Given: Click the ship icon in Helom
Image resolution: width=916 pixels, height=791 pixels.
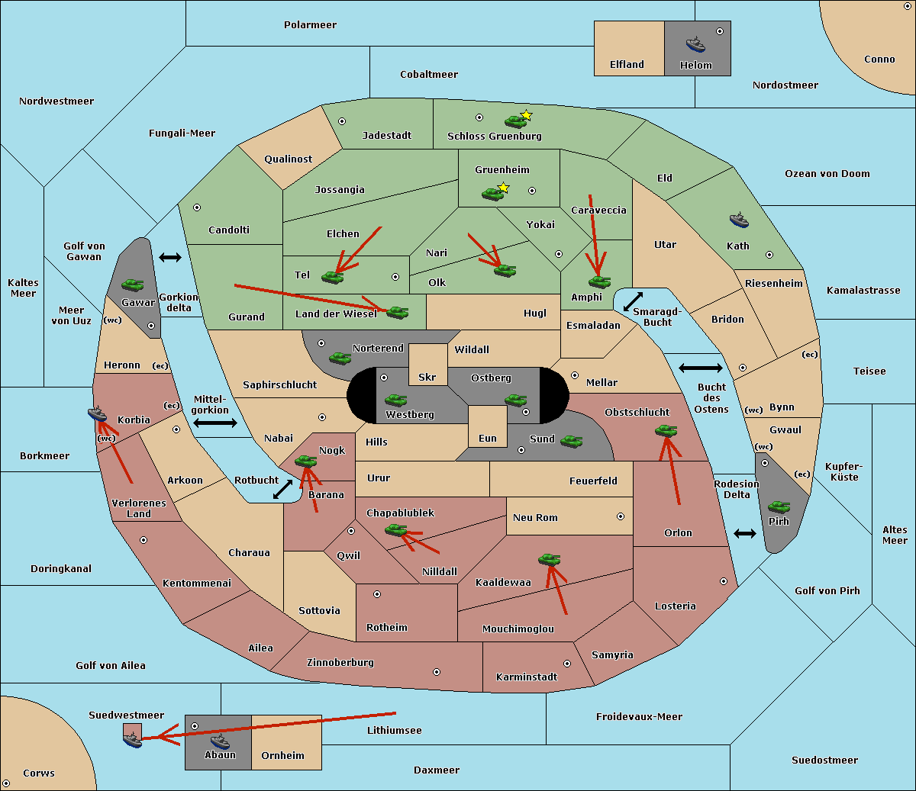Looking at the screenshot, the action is [x=695, y=44].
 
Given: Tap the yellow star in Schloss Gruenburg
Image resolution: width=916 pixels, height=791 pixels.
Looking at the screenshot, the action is [x=526, y=115].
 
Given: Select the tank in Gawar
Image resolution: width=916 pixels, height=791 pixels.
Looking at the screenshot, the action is [x=133, y=285].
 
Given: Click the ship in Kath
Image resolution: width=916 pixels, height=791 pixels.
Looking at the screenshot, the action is [x=739, y=220].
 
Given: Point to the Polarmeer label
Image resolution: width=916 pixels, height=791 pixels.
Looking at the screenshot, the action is [x=310, y=25].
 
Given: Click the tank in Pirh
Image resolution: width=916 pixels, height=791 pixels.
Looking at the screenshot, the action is [x=779, y=506].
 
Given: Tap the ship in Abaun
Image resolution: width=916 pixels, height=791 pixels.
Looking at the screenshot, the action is [x=220, y=741].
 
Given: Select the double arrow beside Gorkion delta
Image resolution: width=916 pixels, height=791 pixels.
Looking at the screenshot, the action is [x=170, y=257].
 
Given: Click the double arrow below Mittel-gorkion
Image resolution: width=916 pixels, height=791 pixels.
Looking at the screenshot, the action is [x=215, y=423].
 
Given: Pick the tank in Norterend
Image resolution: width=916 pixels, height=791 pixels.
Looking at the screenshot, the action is [x=340, y=358].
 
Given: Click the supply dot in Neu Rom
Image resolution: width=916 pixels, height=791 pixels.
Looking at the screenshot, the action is [x=621, y=516].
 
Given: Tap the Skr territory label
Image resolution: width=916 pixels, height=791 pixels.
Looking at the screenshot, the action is [x=427, y=377].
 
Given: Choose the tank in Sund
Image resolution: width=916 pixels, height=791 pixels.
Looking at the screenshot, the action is [x=571, y=441].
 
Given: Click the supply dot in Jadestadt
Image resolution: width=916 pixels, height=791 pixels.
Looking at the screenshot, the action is [x=342, y=121].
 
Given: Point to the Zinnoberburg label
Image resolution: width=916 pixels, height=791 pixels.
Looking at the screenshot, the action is [x=340, y=663].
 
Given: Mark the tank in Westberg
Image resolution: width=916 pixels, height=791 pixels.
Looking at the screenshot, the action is [x=395, y=400].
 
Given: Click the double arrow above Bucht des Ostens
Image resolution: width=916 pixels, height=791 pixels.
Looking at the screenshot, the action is [x=701, y=368].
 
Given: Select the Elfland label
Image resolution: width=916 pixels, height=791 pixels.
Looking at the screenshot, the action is [x=627, y=65].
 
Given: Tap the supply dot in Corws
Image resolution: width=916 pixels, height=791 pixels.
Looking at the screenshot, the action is [x=6, y=783].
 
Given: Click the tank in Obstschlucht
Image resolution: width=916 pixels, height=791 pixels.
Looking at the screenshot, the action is [x=666, y=430].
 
